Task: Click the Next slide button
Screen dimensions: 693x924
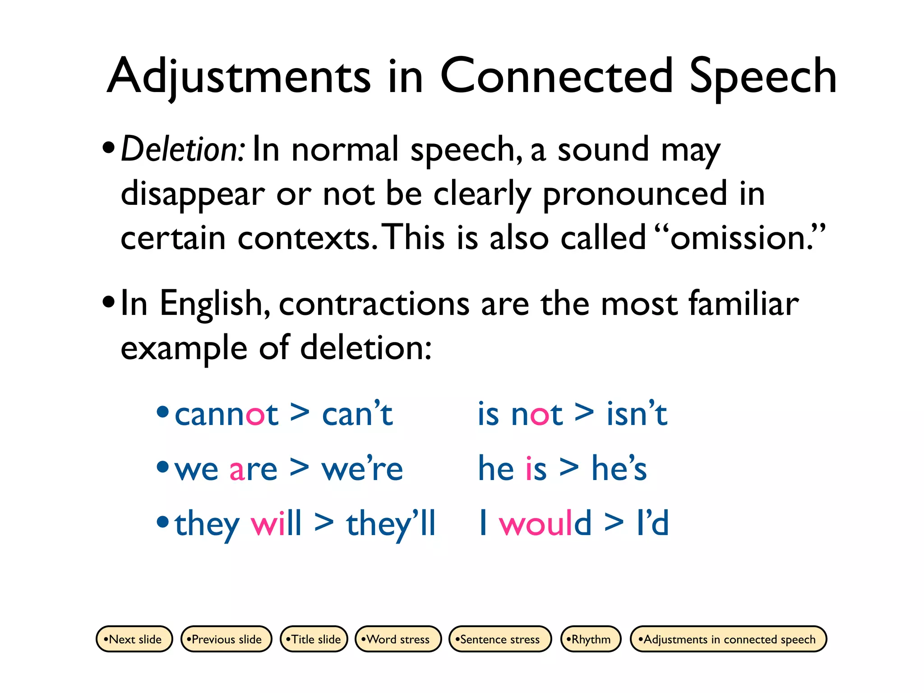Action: coord(134,639)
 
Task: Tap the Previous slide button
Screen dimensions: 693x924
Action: coord(226,639)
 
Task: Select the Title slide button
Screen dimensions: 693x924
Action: coord(314,639)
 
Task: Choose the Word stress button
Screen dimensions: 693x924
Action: coord(398,639)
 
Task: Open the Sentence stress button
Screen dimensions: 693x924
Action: coord(500,639)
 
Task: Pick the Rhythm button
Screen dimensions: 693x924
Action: coord(591,639)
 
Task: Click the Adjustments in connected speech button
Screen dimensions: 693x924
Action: coord(728,639)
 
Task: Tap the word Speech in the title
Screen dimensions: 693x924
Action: coord(763,77)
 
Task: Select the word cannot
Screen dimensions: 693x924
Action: coord(226,414)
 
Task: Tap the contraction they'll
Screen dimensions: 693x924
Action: coord(391,523)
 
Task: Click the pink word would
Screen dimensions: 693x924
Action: coord(545,523)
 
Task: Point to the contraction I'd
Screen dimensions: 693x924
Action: coord(652,523)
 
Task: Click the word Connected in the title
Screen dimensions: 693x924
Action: coord(557,77)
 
